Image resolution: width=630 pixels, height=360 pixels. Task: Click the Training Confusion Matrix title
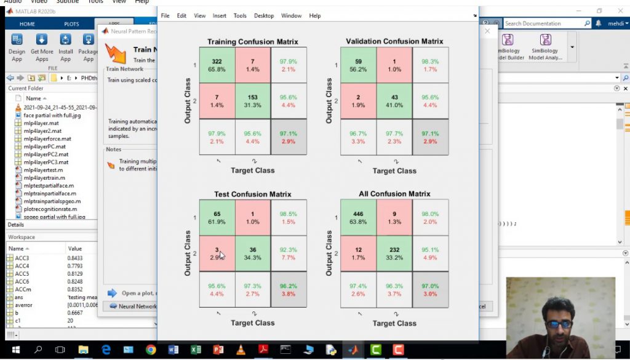pyautogui.click(x=252, y=42)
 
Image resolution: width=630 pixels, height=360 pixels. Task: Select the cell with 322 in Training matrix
pyautogui.click(x=217, y=65)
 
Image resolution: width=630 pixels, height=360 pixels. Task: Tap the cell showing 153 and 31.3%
pyautogui.click(x=252, y=101)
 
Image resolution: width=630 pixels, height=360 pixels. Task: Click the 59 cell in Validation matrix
pyautogui.click(x=359, y=65)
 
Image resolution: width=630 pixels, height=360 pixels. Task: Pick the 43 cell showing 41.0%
pyautogui.click(x=394, y=101)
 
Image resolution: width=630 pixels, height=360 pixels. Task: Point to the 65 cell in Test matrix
pyautogui.click(x=217, y=218)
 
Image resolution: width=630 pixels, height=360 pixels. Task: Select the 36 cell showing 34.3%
pyautogui.click(x=252, y=254)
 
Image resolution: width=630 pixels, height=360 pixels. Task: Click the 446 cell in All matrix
pyautogui.click(x=359, y=218)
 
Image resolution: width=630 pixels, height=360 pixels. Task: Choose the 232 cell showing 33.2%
pyautogui.click(x=394, y=254)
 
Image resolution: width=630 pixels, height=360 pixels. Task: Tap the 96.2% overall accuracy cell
pyautogui.click(x=288, y=289)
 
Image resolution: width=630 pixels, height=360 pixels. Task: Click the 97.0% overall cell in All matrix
pyautogui.click(x=430, y=289)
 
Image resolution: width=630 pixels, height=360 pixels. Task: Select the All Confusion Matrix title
pyautogui.click(x=394, y=194)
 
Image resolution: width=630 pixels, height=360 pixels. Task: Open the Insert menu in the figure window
pyautogui.click(x=219, y=15)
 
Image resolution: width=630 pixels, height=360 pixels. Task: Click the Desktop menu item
pyautogui.click(x=264, y=15)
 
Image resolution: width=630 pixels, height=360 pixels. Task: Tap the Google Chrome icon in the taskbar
pyautogui.click(x=151, y=350)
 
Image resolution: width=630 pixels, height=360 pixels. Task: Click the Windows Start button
pyautogui.click(x=15, y=350)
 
